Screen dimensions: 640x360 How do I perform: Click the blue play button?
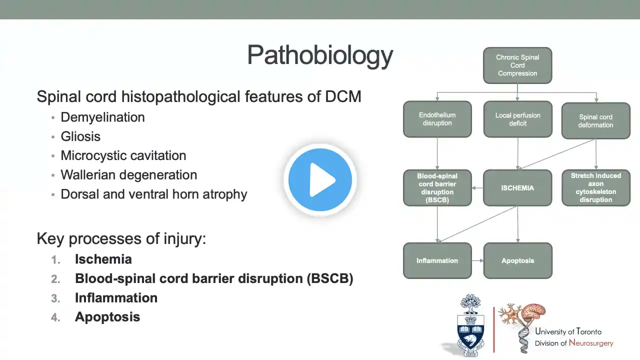click(x=320, y=179)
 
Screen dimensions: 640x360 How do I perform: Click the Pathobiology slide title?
click(x=320, y=55)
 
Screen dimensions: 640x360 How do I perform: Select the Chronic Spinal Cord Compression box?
click(x=517, y=65)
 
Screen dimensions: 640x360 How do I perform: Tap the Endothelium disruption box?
click(x=437, y=119)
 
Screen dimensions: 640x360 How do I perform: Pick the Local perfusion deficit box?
click(x=517, y=119)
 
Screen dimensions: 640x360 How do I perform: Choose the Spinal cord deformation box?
click(x=595, y=121)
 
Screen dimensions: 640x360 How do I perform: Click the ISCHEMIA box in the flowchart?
click(x=517, y=188)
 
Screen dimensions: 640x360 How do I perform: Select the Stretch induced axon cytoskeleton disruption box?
click(x=595, y=187)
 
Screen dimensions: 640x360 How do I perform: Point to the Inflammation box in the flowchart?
click(x=437, y=260)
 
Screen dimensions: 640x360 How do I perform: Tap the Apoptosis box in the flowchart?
click(x=517, y=260)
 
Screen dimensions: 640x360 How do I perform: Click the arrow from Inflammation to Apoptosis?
click(x=477, y=260)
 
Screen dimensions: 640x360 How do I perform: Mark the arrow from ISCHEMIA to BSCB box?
click(x=477, y=188)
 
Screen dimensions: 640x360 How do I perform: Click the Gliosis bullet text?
click(x=80, y=136)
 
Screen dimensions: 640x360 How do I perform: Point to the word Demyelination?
click(x=102, y=117)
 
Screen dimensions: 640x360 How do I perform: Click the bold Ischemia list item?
click(x=103, y=259)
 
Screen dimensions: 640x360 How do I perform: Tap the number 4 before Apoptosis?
click(x=55, y=317)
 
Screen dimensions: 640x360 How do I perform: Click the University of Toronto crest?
click(x=470, y=325)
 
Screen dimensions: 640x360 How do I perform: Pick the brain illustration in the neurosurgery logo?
click(x=533, y=314)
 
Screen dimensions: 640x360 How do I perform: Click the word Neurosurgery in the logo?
click(x=591, y=343)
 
